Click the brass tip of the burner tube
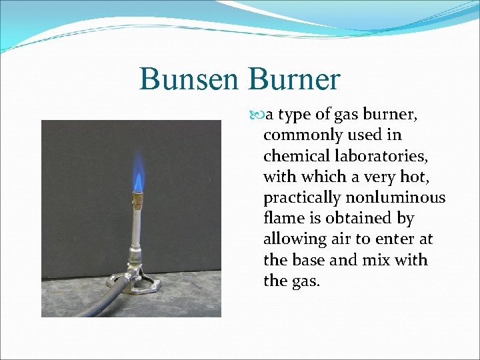pyautogui.click(x=138, y=199)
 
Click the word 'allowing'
pyautogui.click(x=292, y=239)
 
